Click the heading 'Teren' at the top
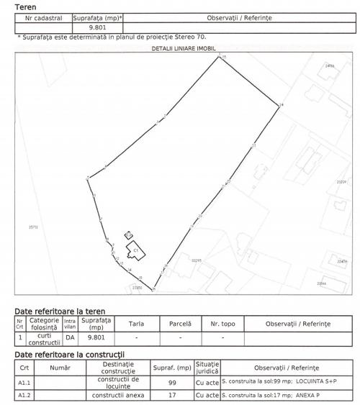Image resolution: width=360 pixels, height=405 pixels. (x=15, y=6)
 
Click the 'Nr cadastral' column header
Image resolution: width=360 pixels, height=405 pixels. (x=43, y=17)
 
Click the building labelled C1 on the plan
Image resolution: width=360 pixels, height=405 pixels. (x=135, y=249)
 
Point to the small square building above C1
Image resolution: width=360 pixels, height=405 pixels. (x=128, y=235)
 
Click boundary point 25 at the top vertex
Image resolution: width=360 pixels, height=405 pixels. (x=220, y=58)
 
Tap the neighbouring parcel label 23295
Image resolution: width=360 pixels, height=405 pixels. (x=197, y=260)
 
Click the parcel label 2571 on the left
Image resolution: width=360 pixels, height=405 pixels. (x=32, y=227)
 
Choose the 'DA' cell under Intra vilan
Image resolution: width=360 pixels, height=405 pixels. (x=70, y=337)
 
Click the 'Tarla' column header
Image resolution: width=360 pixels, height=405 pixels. (x=136, y=324)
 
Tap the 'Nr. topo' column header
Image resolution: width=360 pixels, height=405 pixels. (x=222, y=324)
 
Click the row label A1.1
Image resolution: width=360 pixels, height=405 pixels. (x=24, y=382)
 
